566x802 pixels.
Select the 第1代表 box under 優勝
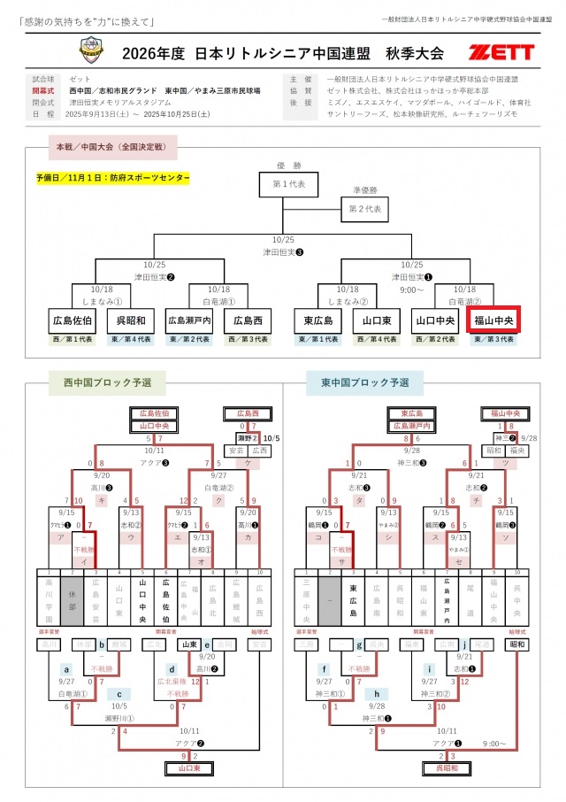tap(283, 185)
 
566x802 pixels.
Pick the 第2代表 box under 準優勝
tap(365, 210)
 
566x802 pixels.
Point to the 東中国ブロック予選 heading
tap(365, 382)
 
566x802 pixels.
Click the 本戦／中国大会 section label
tap(116, 147)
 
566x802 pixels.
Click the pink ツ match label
tap(505, 463)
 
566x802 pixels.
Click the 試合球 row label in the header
tap(43, 79)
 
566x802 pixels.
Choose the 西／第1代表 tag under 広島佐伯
tap(73, 339)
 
